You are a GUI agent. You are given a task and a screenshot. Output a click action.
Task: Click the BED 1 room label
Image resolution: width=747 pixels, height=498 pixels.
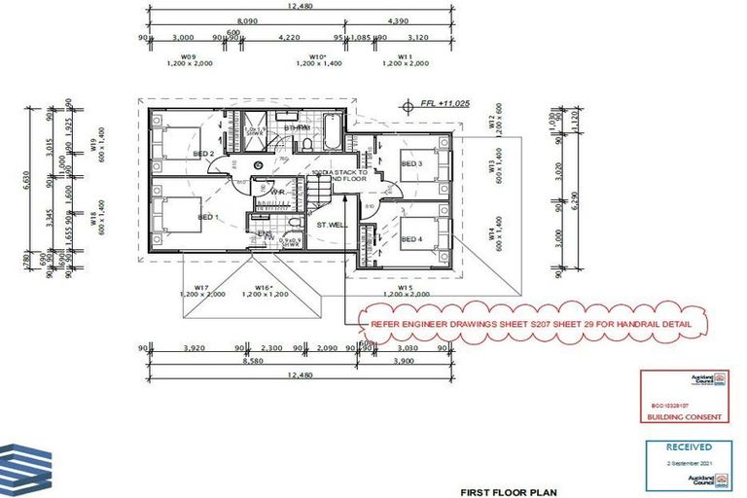[x=208, y=217]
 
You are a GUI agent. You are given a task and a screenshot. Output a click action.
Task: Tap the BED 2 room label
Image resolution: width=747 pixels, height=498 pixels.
[x=203, y=153]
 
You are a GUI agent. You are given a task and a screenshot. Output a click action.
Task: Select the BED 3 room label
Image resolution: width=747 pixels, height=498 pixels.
[x=411, y=164]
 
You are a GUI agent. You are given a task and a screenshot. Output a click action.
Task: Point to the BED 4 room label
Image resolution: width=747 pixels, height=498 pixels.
[x=411, y=238]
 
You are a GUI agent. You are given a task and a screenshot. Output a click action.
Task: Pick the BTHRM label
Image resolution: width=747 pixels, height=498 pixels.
[x=297, y=128]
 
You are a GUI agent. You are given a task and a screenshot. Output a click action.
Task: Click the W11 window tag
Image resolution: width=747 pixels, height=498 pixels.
[x=406, y=55]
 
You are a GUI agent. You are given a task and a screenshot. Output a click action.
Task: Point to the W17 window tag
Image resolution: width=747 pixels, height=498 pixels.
[x=202, y=287]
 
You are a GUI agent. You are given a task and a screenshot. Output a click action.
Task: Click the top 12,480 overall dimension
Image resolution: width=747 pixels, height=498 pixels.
[x=300, y=6]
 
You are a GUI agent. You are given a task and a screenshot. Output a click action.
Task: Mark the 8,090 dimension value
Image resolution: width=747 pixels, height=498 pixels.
[x=247, y=19]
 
